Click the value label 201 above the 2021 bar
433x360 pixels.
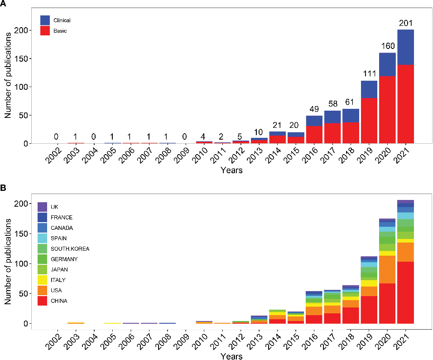click(x=405, y=23)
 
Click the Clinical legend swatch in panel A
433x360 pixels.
click(x=45, y=20)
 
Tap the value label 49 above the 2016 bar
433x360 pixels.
click(x=314, y=109)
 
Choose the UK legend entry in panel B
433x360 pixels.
click(x=54, y=207)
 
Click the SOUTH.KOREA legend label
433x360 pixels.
click(x=70, y=248)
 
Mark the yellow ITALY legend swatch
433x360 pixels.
click(x=43, y=280)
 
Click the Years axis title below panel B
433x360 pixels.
click(x=231, y=356)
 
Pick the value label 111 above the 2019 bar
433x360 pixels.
click(x=369, y=74)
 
